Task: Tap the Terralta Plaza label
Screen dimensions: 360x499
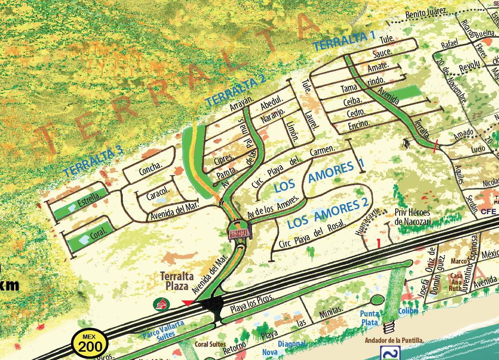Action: [177, 281]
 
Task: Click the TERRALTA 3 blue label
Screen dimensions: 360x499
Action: [92, 161]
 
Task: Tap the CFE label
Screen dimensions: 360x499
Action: [488, 212]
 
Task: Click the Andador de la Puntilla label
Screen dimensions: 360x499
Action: [394, 340]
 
